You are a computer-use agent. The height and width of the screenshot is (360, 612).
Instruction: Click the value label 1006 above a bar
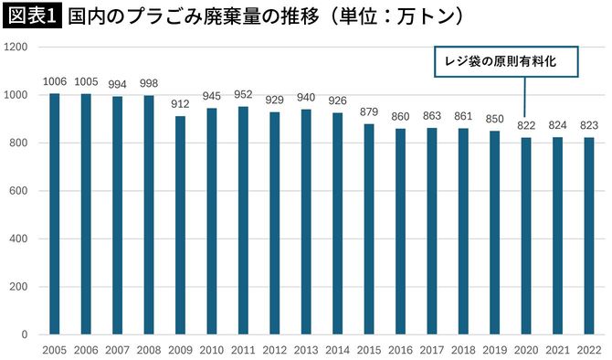click(x=54, y=81)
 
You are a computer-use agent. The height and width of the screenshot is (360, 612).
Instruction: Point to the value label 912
click(x=180, y=104)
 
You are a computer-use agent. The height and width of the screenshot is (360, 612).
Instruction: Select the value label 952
click(x=242, y=95)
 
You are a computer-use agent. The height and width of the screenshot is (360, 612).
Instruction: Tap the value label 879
click(x=368, y=112)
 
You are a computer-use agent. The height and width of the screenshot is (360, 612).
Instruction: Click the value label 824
click(x=556, y=125)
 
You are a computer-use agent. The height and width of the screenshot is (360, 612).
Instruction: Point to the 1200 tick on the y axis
click(x=18, y=48)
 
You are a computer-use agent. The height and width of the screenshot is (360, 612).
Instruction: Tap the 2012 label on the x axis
click(x=274, y=349)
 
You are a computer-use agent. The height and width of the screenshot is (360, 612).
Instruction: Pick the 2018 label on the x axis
click(x=462, y=349)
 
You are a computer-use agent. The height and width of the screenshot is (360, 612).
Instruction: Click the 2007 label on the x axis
click(x=117, y=349)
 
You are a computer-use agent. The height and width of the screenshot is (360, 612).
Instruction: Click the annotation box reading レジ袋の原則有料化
click(x=506, y=60)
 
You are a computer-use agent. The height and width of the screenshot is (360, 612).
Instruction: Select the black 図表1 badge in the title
click(x=32, y=16)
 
